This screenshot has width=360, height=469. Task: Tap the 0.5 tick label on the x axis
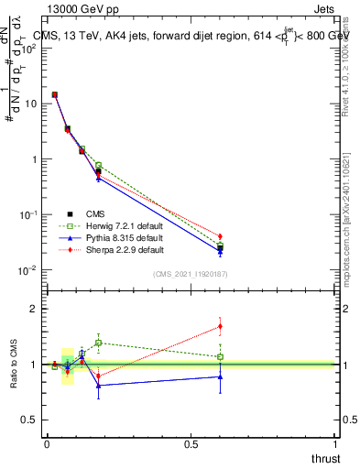[x=191, y=444]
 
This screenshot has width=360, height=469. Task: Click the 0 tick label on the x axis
[x=46, y=444]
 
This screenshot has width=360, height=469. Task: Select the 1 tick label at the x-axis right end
[x=336, y=444]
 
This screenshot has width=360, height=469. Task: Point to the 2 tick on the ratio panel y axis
[x=35, y=309]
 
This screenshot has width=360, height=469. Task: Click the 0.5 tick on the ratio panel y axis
[x=29, y=420]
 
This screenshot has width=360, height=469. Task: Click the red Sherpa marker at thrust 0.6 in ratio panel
[x=220, y=326]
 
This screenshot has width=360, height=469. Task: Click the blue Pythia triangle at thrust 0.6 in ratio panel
[x=220, y=376]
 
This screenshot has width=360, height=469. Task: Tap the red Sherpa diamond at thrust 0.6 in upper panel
[x=220, y=236]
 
